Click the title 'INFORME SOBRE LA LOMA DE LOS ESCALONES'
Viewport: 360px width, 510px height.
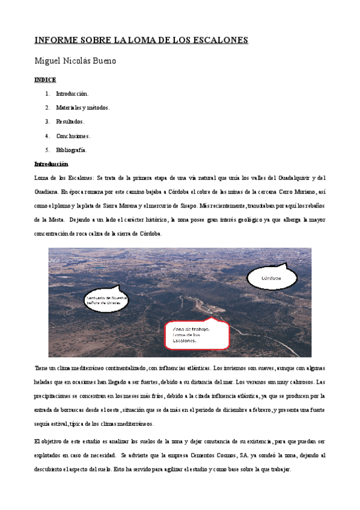(x=141, y=40)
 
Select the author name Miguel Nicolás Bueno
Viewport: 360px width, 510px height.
(x=75, y=61)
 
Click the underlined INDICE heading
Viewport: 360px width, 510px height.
(x=45, y=79)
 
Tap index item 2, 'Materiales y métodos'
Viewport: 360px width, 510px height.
(x=82, y=108)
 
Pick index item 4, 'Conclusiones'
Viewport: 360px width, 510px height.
(x=73, y=136)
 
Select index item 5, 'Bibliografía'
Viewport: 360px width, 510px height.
(x=72, y=150)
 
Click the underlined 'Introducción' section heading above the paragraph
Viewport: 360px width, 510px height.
(x=51, y=164)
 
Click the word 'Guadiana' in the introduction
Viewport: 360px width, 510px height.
(x=46, y=192)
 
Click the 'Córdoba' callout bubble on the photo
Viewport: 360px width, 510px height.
(x=272, y=278)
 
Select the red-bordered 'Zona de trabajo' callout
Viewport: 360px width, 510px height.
(x=197, y=336)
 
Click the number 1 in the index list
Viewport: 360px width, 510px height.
(x=47, y=94)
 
